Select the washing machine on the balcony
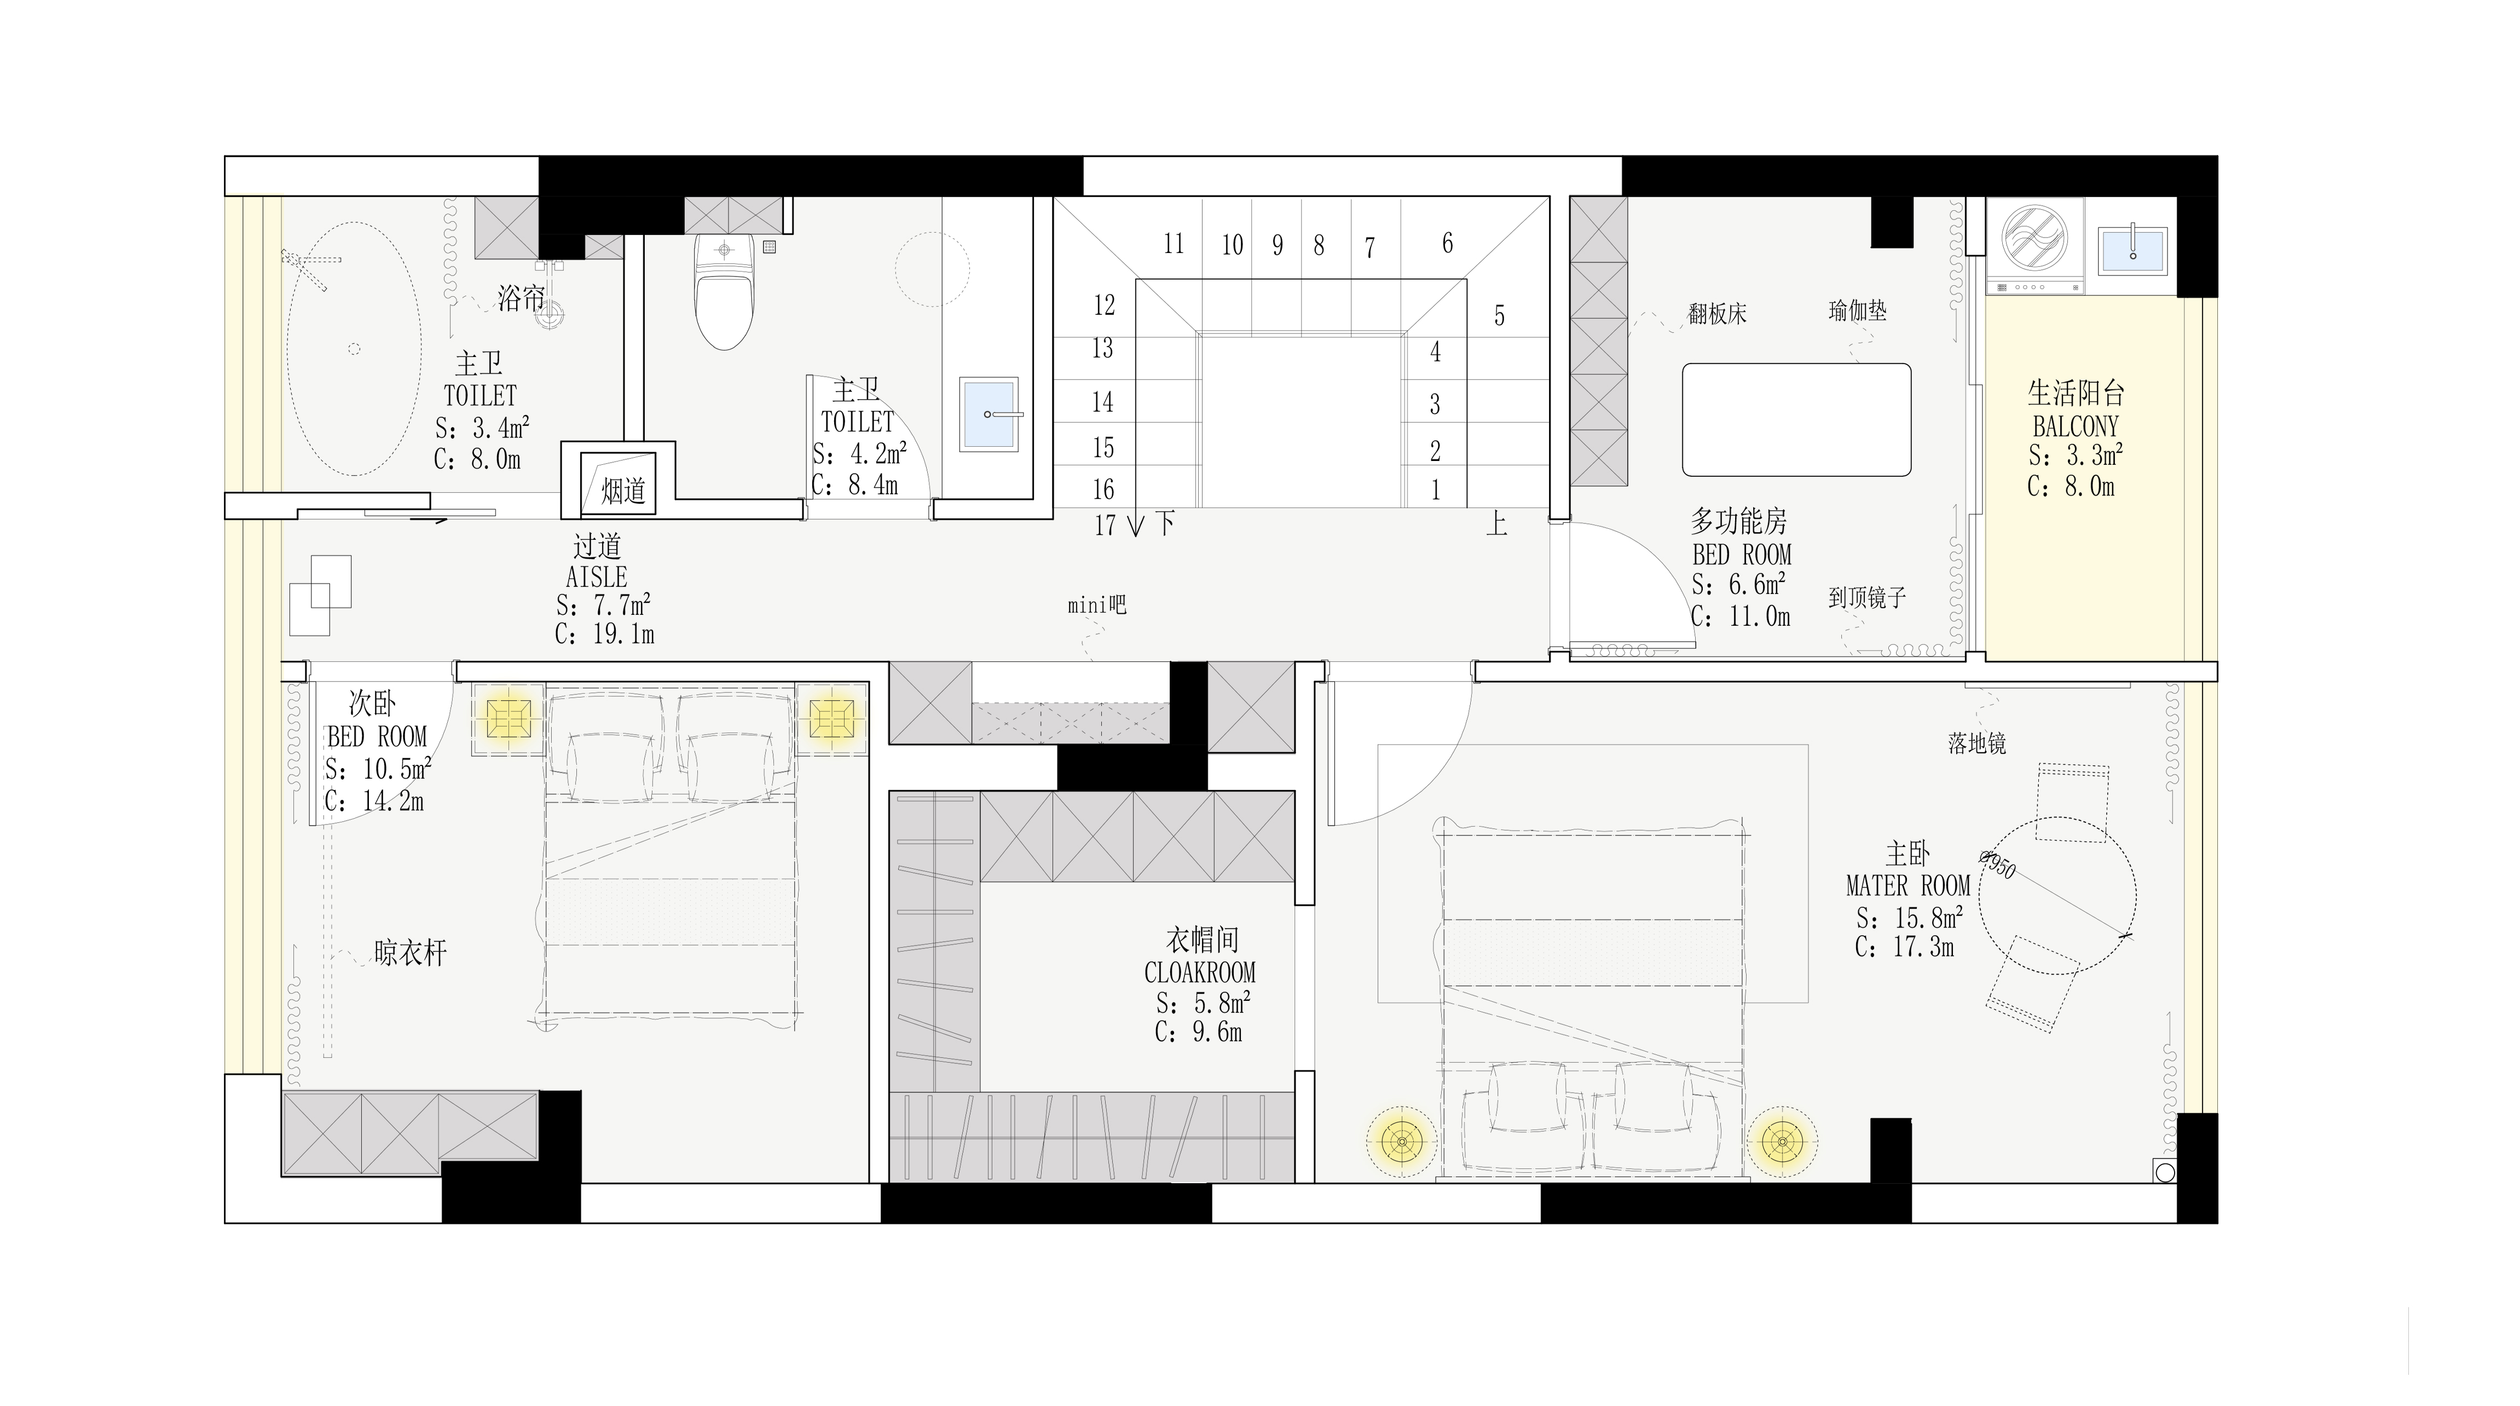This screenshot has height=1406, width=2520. (2034, 245)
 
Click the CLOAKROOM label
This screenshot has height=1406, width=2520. (1200, 972)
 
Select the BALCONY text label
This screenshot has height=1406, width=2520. (2075, 427)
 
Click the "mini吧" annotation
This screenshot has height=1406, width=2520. (1097, 606)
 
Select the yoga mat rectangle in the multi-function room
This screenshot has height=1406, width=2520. (1796, 420)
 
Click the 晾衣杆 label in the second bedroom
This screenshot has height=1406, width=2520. (410, 953)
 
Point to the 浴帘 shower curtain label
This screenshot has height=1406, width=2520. (521, 298)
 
